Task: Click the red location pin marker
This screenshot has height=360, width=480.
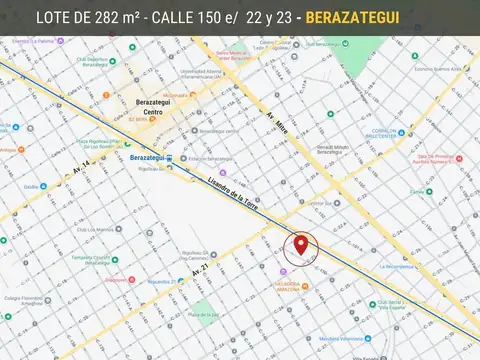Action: pos(301,245)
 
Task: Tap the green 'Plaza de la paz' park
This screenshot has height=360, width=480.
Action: pos(201,318)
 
